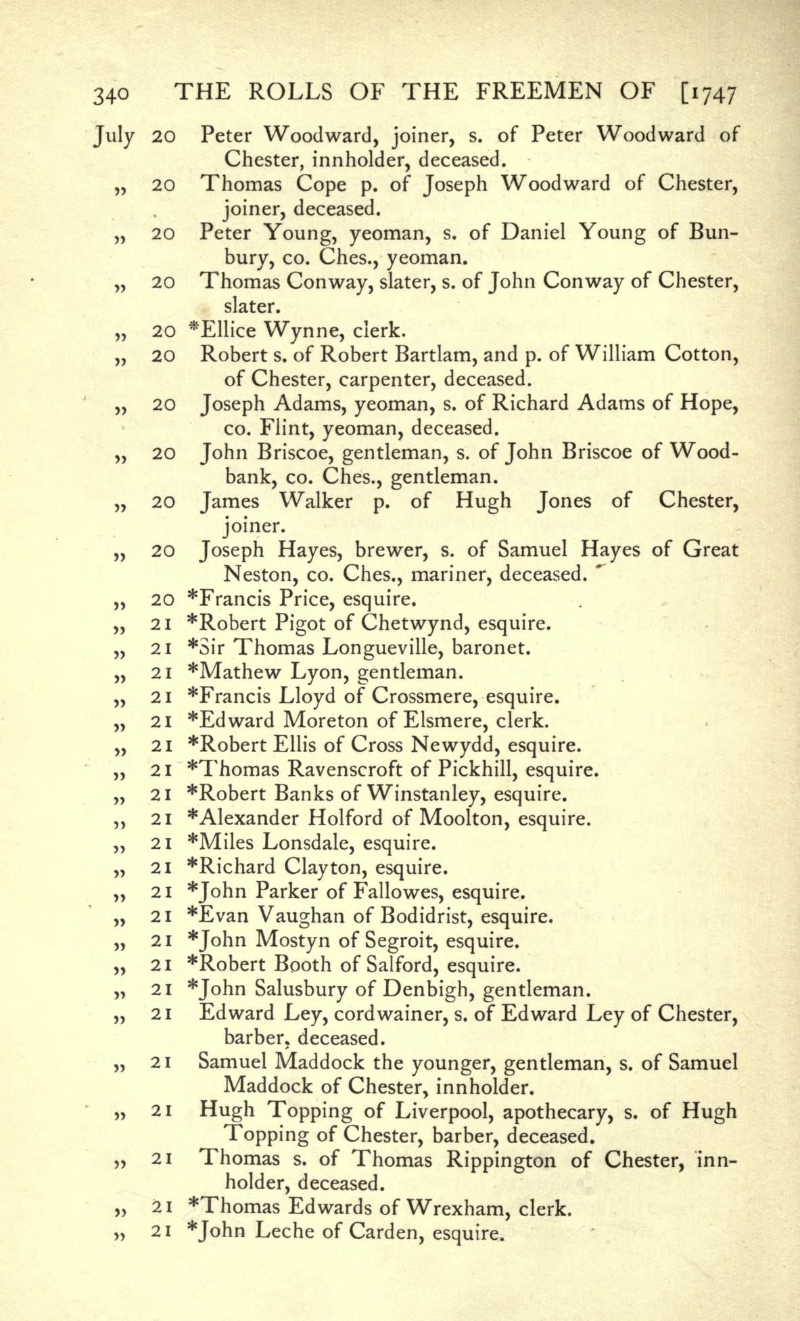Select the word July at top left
click(x=113, y=137)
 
